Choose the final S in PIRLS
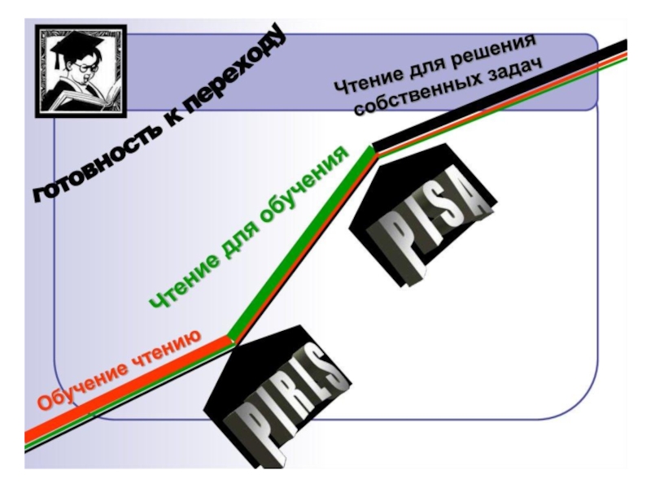pos(329,370)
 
